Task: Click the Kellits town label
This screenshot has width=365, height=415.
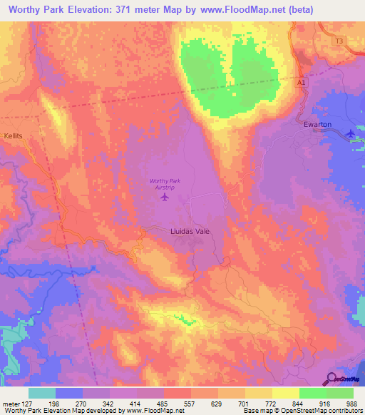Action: pos(13,135)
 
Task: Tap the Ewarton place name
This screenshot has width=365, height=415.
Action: pos(317,123)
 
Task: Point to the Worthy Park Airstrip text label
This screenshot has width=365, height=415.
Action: pos(165,184)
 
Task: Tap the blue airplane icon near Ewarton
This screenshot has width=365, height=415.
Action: pos(350,133)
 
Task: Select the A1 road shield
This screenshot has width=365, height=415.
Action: pos(302,83)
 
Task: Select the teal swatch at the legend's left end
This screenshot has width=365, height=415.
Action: pos(42,393)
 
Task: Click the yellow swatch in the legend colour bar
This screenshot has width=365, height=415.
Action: pos(285,393)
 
